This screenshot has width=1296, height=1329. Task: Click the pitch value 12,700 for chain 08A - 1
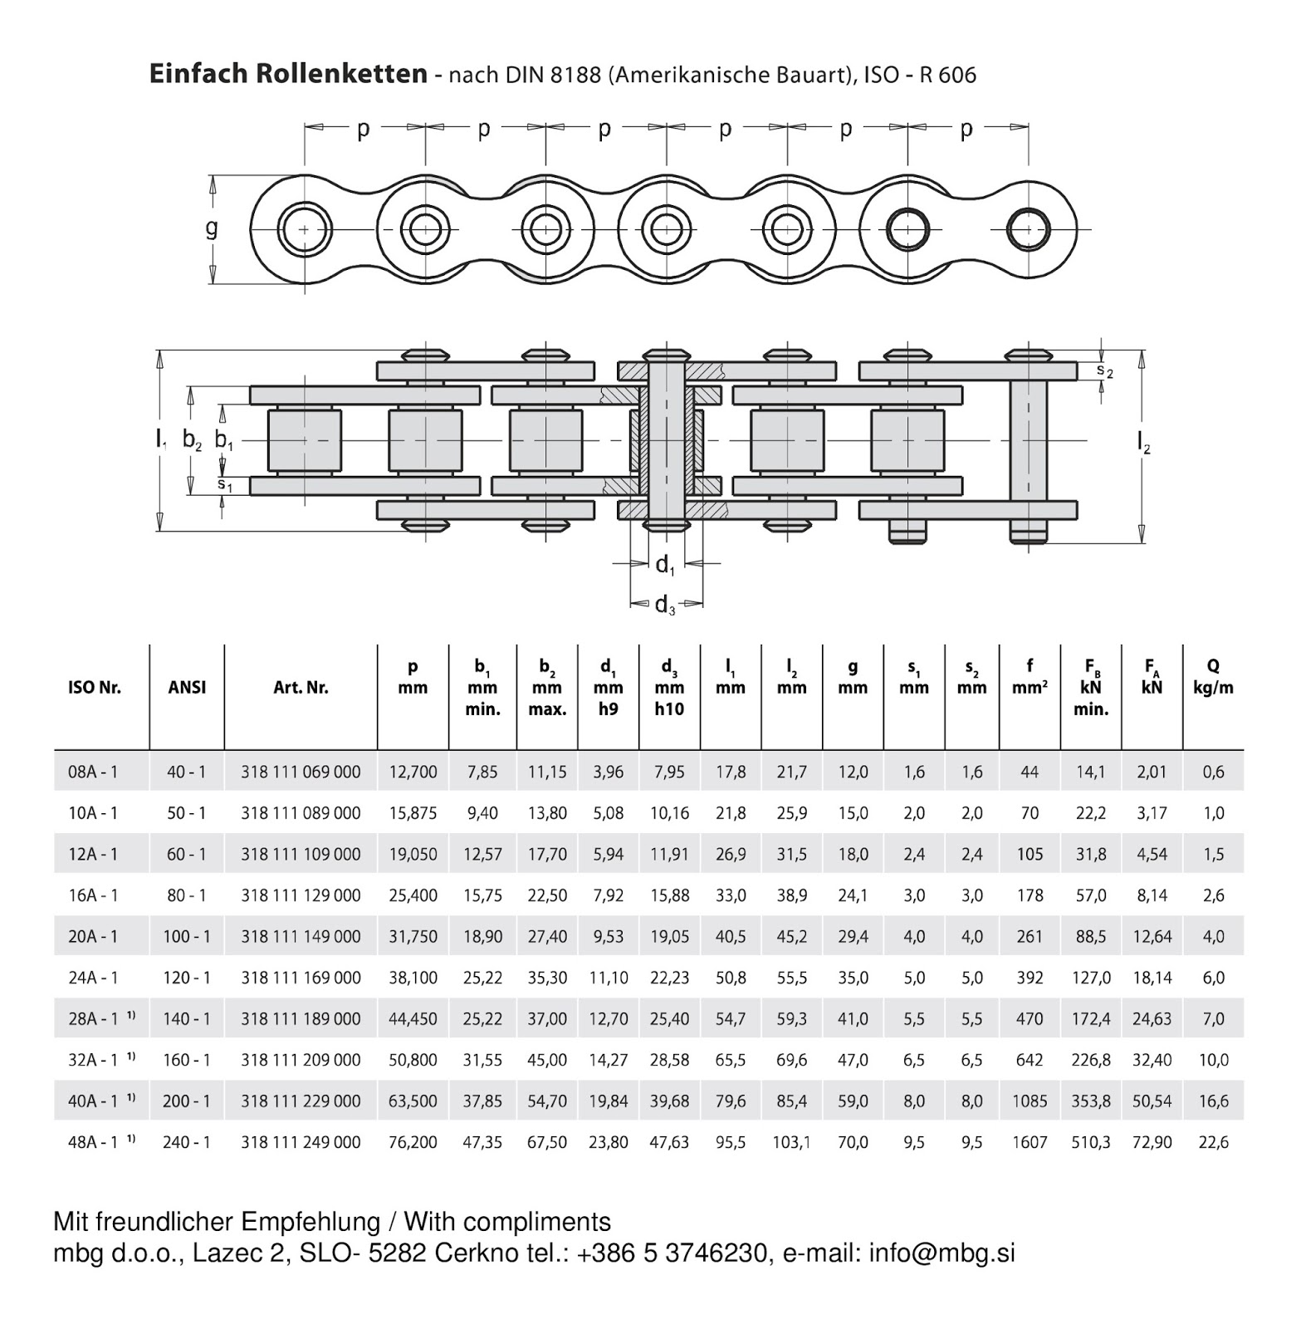[413, 772]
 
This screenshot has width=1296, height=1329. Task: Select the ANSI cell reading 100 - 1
[187, 936]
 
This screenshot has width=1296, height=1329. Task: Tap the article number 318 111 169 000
[301, 978]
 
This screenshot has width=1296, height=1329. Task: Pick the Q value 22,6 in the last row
[1213, 1142]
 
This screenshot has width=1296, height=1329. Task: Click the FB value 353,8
[1090, 1101]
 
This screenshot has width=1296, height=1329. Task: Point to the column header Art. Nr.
[301, 688]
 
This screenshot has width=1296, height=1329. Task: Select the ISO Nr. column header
[94, 688]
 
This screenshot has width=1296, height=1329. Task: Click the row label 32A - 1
[93, 1060]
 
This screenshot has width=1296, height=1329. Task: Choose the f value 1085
[1029, 1101]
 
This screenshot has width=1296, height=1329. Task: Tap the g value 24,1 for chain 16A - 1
[853, 895]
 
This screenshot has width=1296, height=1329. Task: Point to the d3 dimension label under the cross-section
[665, 605]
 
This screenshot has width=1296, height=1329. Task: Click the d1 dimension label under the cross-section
[665, 565]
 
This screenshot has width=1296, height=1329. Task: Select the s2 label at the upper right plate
[1104, 370]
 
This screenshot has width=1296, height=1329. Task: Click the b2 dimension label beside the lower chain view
[192, 440]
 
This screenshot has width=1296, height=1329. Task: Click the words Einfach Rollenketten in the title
[288, 74]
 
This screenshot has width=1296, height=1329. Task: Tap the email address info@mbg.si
[941, 1253]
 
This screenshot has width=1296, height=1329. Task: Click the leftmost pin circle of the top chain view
[304, 228]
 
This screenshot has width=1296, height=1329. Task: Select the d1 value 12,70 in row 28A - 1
[608, 1019]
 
